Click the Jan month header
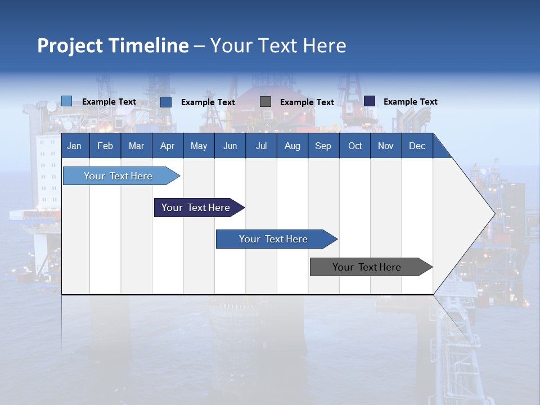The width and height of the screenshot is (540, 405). coord(74,146)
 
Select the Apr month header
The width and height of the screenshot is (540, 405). coord(167,146)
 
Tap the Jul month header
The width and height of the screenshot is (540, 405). coord(261,146)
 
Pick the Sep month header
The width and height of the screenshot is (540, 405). coord(323,146)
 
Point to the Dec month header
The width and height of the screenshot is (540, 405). coord(417,146)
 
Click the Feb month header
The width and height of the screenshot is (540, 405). coord(105,146)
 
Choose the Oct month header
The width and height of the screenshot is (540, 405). coord(355,146)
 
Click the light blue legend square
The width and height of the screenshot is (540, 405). coord(67,101)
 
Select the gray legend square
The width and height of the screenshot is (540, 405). coord(265,102)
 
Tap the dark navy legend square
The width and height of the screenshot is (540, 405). coord(370,101)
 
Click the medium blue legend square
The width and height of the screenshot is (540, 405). coord(166,102)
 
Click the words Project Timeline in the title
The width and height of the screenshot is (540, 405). coord(113,46)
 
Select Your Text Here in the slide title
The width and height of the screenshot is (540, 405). coord(278,46)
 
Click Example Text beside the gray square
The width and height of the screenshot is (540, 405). coord(307,102)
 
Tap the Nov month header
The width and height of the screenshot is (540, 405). coord(386,146)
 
